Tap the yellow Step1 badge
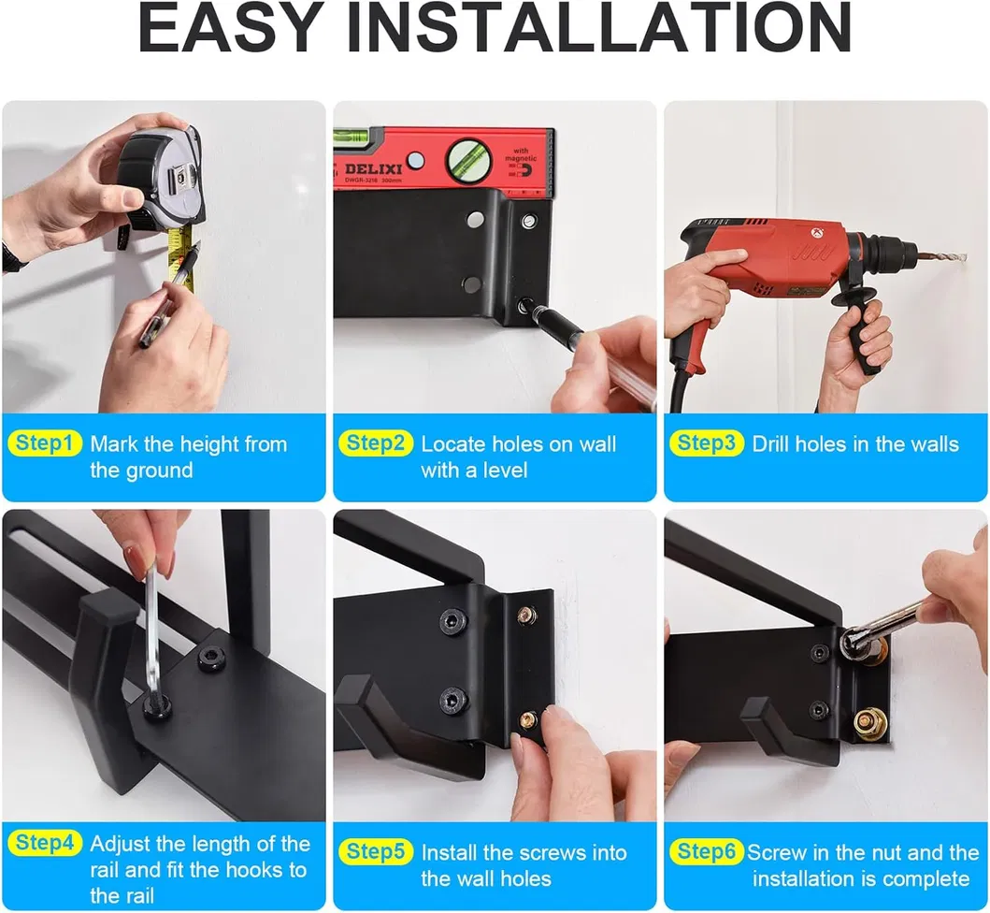tap(45, 443)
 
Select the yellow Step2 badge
tap(375, 443)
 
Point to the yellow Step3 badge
tap(706, 443)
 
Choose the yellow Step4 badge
tap(45, 843)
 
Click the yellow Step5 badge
tap(375, 851)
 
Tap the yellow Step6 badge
tap(706, 851)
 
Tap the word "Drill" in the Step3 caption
tap(774, 443)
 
